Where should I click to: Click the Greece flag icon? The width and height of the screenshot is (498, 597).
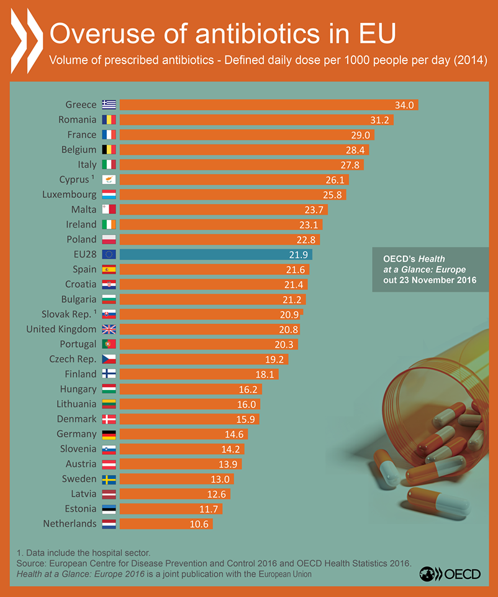109,104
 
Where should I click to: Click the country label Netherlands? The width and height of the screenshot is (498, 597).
70,524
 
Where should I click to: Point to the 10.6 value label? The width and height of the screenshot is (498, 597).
200,524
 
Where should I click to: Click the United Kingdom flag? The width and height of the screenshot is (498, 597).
109,329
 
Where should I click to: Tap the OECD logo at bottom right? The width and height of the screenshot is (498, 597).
450,573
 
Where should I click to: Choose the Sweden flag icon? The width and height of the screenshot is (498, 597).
109,479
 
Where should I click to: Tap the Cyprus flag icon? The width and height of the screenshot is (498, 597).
109,180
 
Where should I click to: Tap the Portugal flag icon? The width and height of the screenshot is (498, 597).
109,344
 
